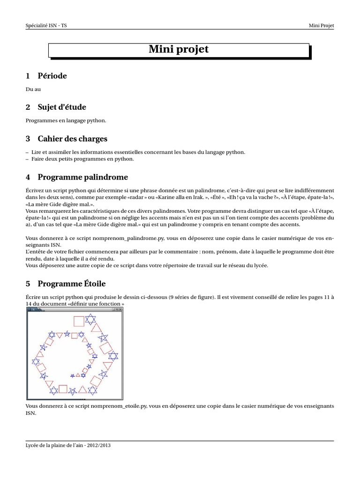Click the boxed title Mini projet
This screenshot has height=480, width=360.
click(x=179, y=50)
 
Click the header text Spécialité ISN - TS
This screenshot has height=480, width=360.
click(x=49, y=26)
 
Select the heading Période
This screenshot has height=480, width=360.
click(x=52, y=76)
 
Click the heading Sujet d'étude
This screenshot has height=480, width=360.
click(x=62, y=107)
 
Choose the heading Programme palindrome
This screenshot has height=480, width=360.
click(x=82, y=177)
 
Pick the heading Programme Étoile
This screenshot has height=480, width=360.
click(x=71, y=284)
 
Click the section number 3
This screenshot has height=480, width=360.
click(x=28, y=139)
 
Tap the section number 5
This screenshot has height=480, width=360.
click(x=28, y=284)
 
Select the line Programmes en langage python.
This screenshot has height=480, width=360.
click(x=66, y=120)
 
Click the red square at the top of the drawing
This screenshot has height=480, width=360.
click(x=79, y=321)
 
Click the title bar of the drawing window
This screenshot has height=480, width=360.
click(x=75, y=310)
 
